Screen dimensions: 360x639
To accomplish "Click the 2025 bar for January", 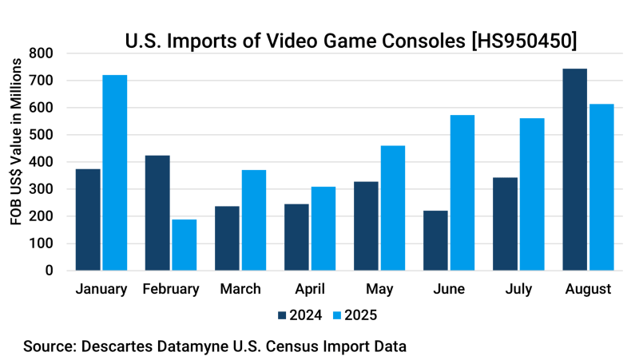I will (115, 172).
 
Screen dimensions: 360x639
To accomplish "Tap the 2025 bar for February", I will (184, 244).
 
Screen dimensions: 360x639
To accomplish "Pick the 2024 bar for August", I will (574, 169).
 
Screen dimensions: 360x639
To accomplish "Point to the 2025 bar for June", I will (462, 192).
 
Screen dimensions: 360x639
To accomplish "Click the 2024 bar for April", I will (296, 237).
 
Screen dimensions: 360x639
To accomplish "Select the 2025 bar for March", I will (253, 220).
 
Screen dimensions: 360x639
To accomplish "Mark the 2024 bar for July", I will (505, 224).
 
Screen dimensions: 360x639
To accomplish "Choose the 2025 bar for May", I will (392, 208).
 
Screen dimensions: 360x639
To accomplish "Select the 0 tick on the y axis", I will (50, 271).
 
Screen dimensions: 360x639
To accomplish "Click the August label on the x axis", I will (587, 289).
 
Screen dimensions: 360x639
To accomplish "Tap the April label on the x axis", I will (309, 289).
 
